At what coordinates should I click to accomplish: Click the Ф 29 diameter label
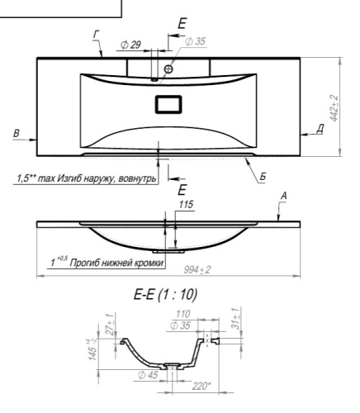pos(131,45)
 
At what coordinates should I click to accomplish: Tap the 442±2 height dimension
pos(334,108)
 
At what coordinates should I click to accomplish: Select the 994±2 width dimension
pos(197,270)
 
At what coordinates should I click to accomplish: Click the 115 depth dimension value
pos(187,205)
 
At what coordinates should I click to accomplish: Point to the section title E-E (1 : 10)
pos(165,294)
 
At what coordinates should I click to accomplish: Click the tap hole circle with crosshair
pos(168,69)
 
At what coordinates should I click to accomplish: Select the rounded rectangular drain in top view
pos(168,104)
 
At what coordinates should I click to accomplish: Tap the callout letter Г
pos(96,35)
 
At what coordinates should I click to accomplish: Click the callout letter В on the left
pos(17,133)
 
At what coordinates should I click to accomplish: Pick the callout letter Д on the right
pos(320,129)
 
